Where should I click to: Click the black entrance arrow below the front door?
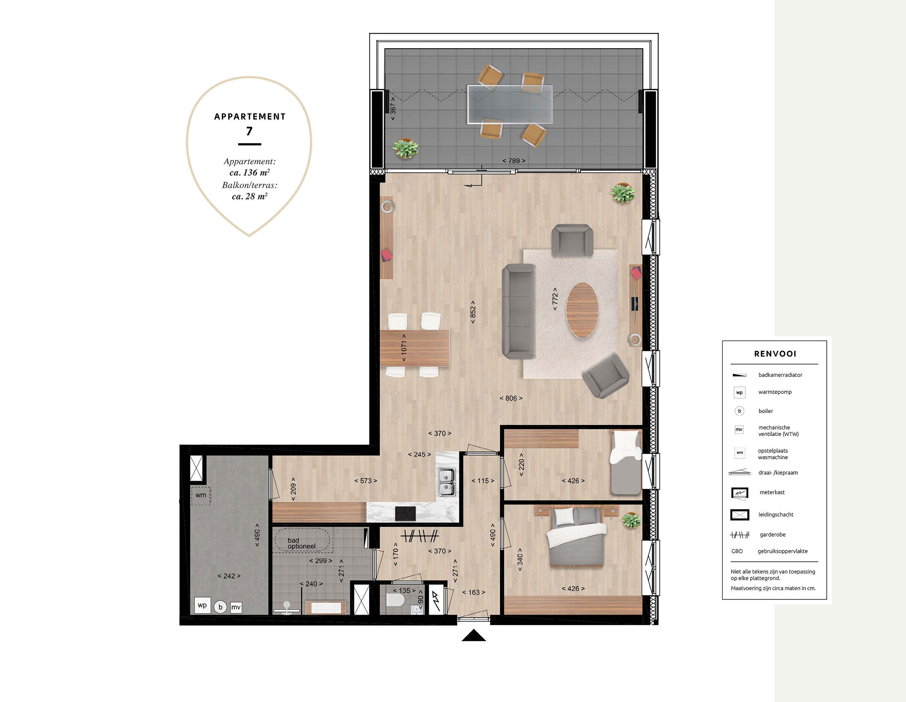click(x=474, y=635)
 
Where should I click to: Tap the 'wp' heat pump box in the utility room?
click(x=202, y=605)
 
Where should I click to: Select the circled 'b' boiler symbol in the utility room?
click(x=220, y=607)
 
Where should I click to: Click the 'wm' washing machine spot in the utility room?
click(x=201, y=495)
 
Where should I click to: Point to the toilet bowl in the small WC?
click(x=395, y=600)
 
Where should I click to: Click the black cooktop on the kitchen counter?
click(x=405, y=514)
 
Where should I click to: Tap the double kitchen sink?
click(x=447, y=482)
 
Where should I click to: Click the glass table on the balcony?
click(x=510, y=104)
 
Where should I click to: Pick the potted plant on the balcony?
click(x=405, y=148)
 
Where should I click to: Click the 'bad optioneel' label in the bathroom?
click(x=302, y=543)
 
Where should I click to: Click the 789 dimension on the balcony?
click(x=514, y=161)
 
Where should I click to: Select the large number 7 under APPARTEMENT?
click(x=249, y=131)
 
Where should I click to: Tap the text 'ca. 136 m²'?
click(x=250, y=172)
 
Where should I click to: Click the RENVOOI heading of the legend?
click(x=775, y=354)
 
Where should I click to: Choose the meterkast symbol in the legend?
click(x=740, y=493)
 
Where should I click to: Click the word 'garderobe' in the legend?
click(x=773, y=535)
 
